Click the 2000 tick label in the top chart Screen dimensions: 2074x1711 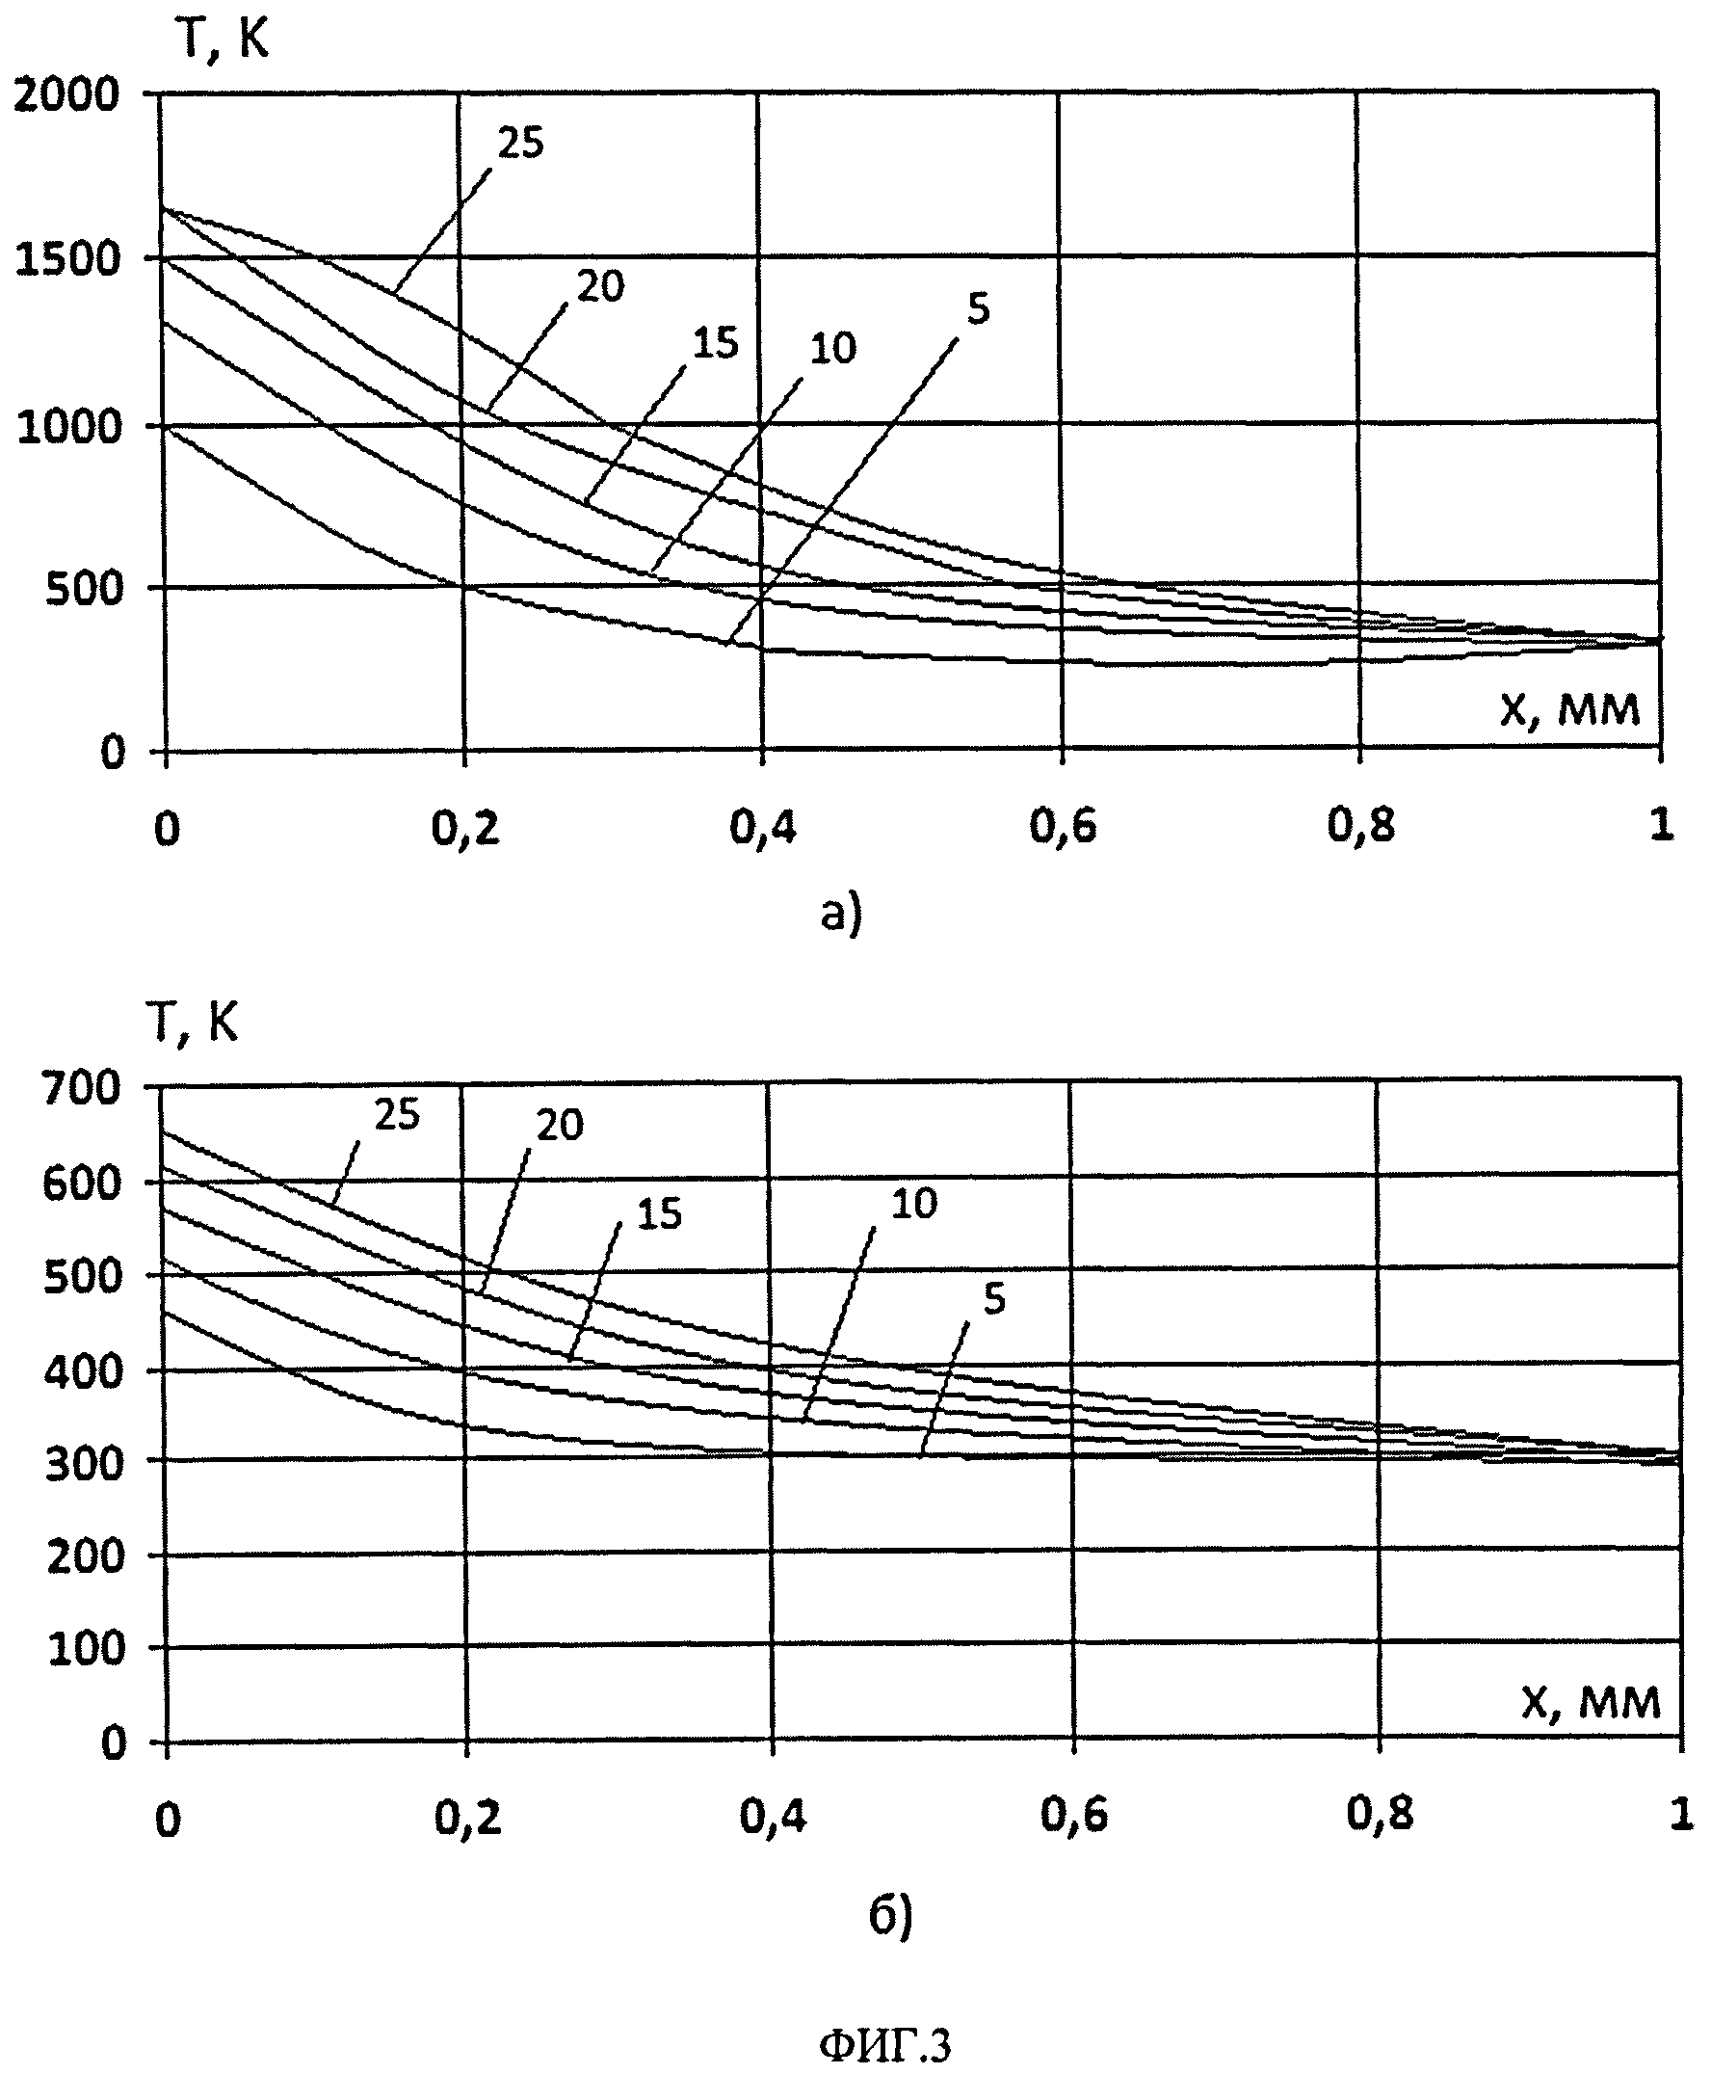click(x=66, y=95)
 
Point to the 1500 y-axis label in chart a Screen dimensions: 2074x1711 click(x=68, y=261)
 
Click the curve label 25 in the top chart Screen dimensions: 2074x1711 click(x=520, y=144)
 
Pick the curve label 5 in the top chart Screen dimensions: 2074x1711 click(x=978, y=309)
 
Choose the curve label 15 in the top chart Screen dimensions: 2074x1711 click(x=716, y=344)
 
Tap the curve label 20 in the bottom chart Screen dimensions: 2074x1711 click(x=560, y=1126)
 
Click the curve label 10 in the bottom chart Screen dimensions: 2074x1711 click(x=913, y=1204)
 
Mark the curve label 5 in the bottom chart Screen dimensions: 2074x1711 click(x=994, y=1299)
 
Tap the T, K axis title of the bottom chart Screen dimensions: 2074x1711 click(x=194, y=1024)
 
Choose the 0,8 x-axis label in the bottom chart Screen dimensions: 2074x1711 click(x=1380, y=1814)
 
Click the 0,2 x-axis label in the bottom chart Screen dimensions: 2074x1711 click(x=468, y=1816)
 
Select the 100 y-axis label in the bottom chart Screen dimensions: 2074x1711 click(x=86, y=1648)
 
